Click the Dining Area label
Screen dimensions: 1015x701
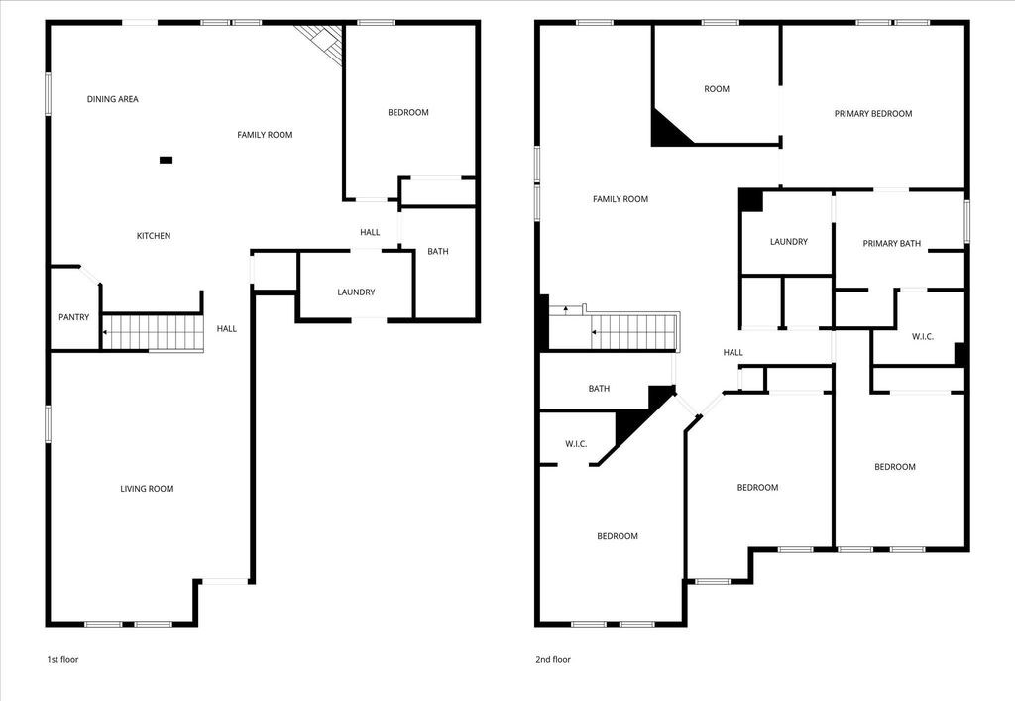pos(113,99)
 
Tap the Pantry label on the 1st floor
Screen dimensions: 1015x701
pos(73,317)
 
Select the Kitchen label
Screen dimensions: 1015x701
pos(154,236)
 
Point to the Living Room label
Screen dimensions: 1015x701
pos(147,489)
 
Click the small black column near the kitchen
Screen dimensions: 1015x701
pos(166,160)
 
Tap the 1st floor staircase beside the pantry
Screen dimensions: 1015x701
pos(154,333)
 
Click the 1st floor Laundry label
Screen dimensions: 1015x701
pos(356,292)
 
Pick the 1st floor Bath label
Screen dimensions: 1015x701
pos(437,251)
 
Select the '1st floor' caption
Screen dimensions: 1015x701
pos(62,659)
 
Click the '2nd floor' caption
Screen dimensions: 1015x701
pos(553,659)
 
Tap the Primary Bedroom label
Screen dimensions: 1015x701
pos(873,113)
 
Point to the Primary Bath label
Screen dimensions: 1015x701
pos(891,243)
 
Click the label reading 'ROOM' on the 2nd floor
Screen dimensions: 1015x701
pos(717,88)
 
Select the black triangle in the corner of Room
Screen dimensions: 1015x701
pos(666,132)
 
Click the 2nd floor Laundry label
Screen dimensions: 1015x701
pos(788,242)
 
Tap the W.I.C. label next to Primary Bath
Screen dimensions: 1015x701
pos(923,336)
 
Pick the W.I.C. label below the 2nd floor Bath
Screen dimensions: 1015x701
pos(576,444)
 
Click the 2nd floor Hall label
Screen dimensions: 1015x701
pos(733,352)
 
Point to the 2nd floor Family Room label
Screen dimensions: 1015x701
pos(620,199)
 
